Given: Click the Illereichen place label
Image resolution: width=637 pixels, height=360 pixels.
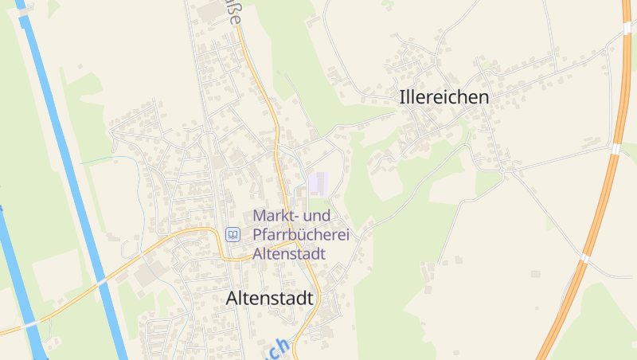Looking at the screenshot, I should pos(444,98).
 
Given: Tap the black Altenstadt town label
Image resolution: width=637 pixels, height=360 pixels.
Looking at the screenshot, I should pos(270,299).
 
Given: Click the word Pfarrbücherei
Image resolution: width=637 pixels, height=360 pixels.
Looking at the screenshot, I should pos(301,235).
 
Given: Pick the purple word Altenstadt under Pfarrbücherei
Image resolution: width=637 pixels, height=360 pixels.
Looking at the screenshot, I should pos(290,254).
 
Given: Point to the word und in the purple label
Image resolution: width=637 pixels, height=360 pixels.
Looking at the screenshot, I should pos(318,216).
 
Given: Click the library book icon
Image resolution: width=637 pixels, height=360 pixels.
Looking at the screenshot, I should pos(233,234).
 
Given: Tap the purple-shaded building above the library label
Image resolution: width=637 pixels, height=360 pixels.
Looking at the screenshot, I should pos(318,183).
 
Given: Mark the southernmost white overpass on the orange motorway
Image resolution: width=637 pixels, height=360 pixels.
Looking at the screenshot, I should pos(585,257).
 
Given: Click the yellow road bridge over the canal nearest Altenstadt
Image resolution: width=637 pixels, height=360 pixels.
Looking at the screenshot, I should pos(101,280).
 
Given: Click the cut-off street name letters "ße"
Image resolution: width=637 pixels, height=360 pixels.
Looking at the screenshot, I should pos(233,14).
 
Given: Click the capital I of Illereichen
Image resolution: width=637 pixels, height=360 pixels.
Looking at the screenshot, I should pos(401,98).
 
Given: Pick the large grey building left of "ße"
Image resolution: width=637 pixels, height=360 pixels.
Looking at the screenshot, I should pos(209,11).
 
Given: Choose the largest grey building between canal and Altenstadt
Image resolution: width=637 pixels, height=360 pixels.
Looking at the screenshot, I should pos(147,276).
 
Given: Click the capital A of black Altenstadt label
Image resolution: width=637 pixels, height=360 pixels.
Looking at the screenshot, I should pos(233,299).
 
